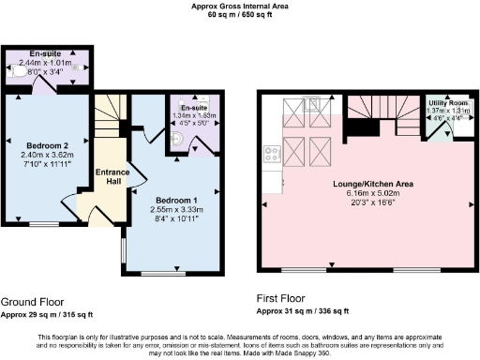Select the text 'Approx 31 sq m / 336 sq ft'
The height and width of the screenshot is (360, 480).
(303, 311)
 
